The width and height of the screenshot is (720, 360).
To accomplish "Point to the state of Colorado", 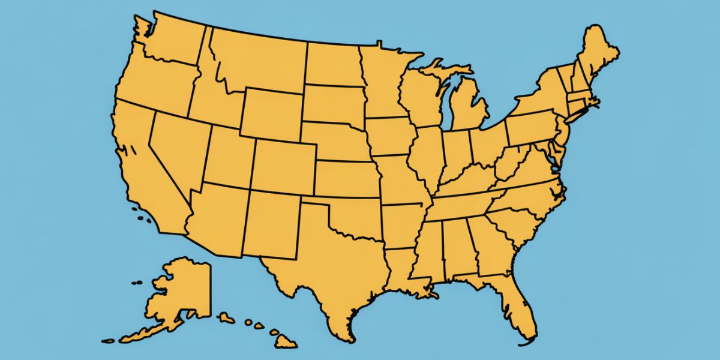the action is point(282,165).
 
